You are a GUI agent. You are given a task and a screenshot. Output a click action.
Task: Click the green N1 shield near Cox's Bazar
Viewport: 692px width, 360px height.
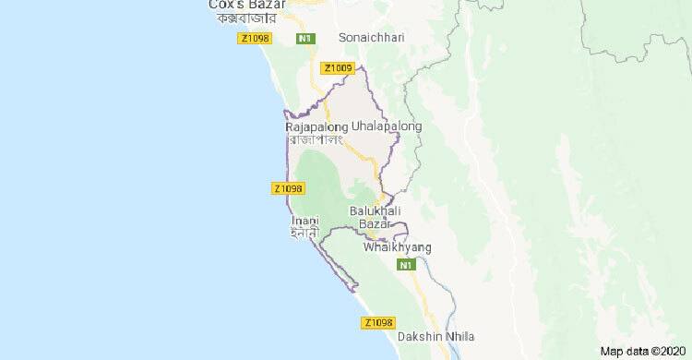click(x=304, y=38)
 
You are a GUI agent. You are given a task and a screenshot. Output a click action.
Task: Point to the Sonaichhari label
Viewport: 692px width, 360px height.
click(x=372, y=38)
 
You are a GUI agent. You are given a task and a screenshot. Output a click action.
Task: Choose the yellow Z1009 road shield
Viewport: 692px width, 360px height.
click(x=336, y=67)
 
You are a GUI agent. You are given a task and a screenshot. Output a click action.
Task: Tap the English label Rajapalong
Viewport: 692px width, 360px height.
click(x=316, y=126)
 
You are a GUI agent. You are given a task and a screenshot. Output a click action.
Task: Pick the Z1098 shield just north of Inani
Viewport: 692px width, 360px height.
click(x=288, y=188)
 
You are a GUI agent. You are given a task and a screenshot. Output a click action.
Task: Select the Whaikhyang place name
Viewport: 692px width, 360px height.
click(x=398, y=247)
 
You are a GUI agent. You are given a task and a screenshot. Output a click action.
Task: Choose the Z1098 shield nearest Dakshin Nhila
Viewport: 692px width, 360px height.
click(x=378, y=322)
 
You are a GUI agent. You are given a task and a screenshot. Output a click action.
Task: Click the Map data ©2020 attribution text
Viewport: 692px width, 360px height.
click(x=642, y=351)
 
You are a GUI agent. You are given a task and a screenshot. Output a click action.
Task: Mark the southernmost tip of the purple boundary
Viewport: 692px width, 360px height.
click(x=355, y=291)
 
